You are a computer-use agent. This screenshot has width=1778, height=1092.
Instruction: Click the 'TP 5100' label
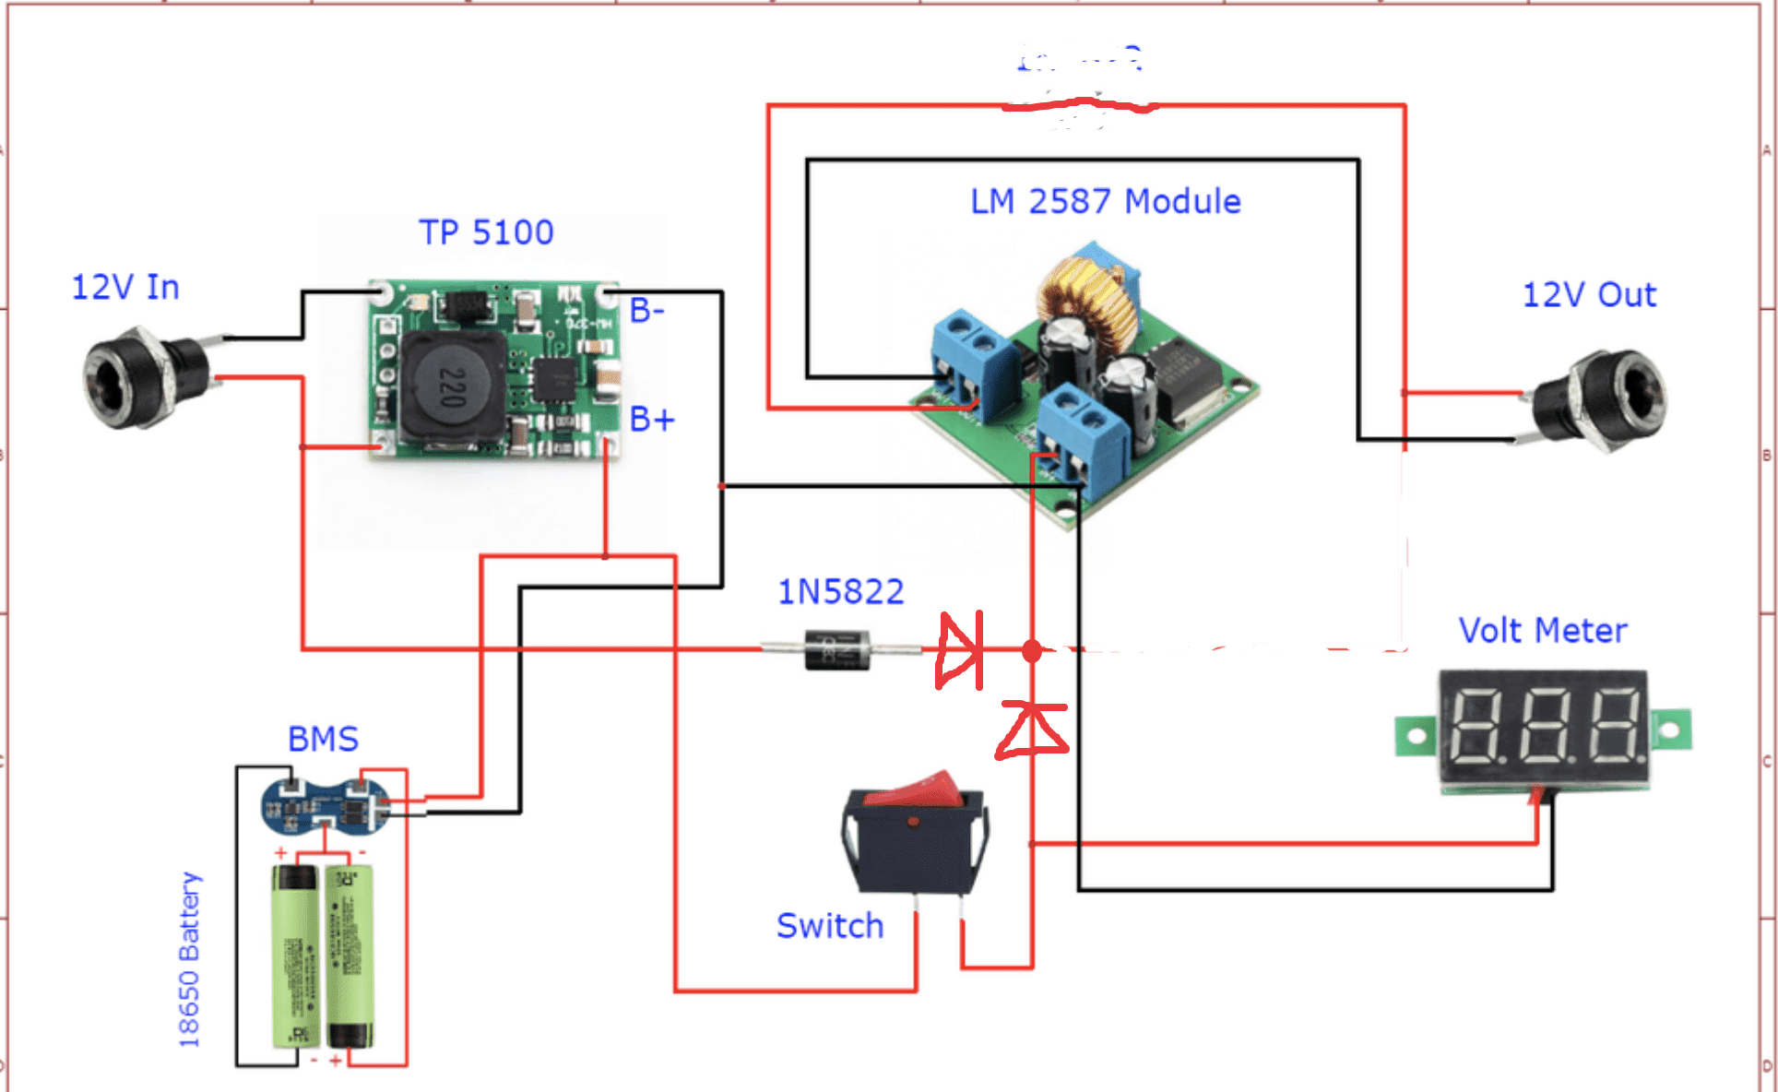click(x=486, y=232)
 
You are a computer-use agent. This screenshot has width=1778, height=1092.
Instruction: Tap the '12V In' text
click(x=125, y=288)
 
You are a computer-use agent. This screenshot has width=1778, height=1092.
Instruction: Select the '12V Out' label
click(x=1588, y=295)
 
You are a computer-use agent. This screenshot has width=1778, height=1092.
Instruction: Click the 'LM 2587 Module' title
click(x=1105, y=201)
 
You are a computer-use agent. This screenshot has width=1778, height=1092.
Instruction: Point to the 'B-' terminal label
click(x=646, y=311)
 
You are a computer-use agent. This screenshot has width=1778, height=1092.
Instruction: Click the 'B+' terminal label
click(x=651, y=420)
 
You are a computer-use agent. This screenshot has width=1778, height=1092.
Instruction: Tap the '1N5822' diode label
click(x=840, y=592)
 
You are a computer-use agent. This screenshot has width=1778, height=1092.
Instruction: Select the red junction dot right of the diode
click(x=1032, y=650)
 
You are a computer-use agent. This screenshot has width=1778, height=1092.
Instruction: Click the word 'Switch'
click(x=829, y=926)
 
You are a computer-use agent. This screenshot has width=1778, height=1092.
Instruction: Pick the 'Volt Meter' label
click(x=1542, y=631)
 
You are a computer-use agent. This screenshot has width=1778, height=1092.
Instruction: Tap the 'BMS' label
click(x=323, y=740)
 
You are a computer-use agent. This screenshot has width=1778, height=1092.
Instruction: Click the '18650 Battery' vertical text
click(x=189, y=959)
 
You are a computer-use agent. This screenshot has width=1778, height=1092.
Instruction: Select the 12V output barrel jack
click(x=1605, y=398)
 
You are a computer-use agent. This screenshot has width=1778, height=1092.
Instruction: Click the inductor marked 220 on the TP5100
click(x=451, y=387)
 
